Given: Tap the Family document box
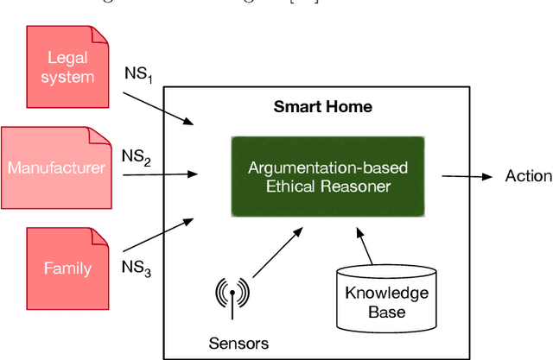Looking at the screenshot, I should (67, 267).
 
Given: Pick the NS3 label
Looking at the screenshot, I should (138, 268).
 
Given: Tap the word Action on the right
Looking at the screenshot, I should (528, 176).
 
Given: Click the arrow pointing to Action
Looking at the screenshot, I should (467, 176).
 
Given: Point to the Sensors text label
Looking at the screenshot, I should (238, 343).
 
